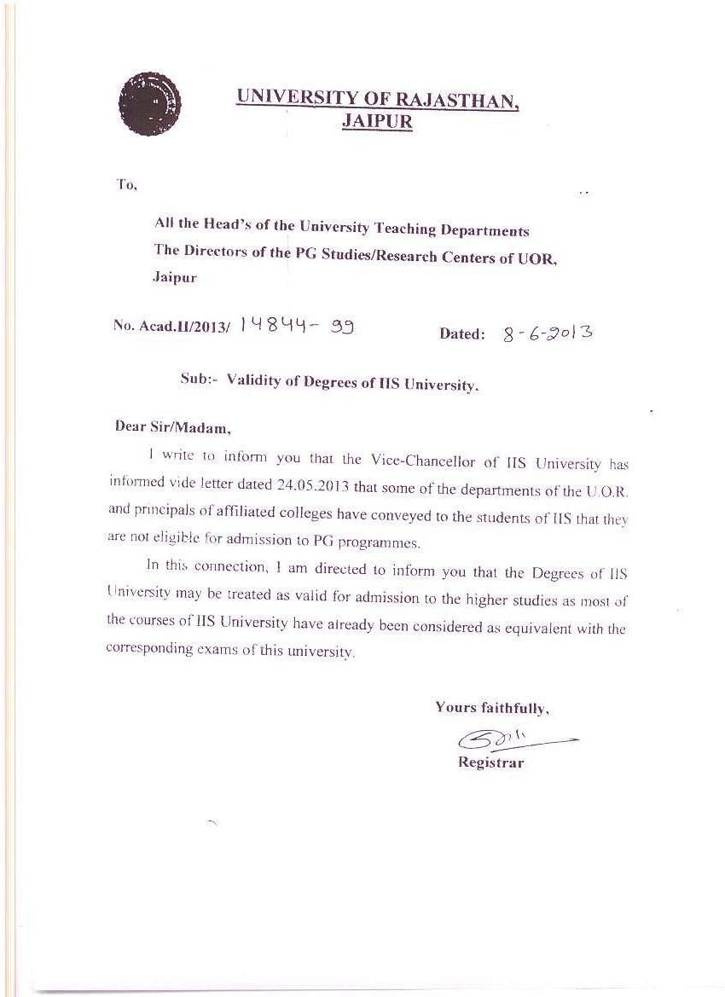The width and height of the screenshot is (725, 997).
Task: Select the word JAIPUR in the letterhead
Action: coord(376,121)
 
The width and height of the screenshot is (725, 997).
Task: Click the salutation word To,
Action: coord(126,185)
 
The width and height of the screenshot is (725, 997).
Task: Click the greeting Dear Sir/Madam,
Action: coord(173,427)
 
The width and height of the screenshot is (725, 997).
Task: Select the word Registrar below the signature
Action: coord(490,762)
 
